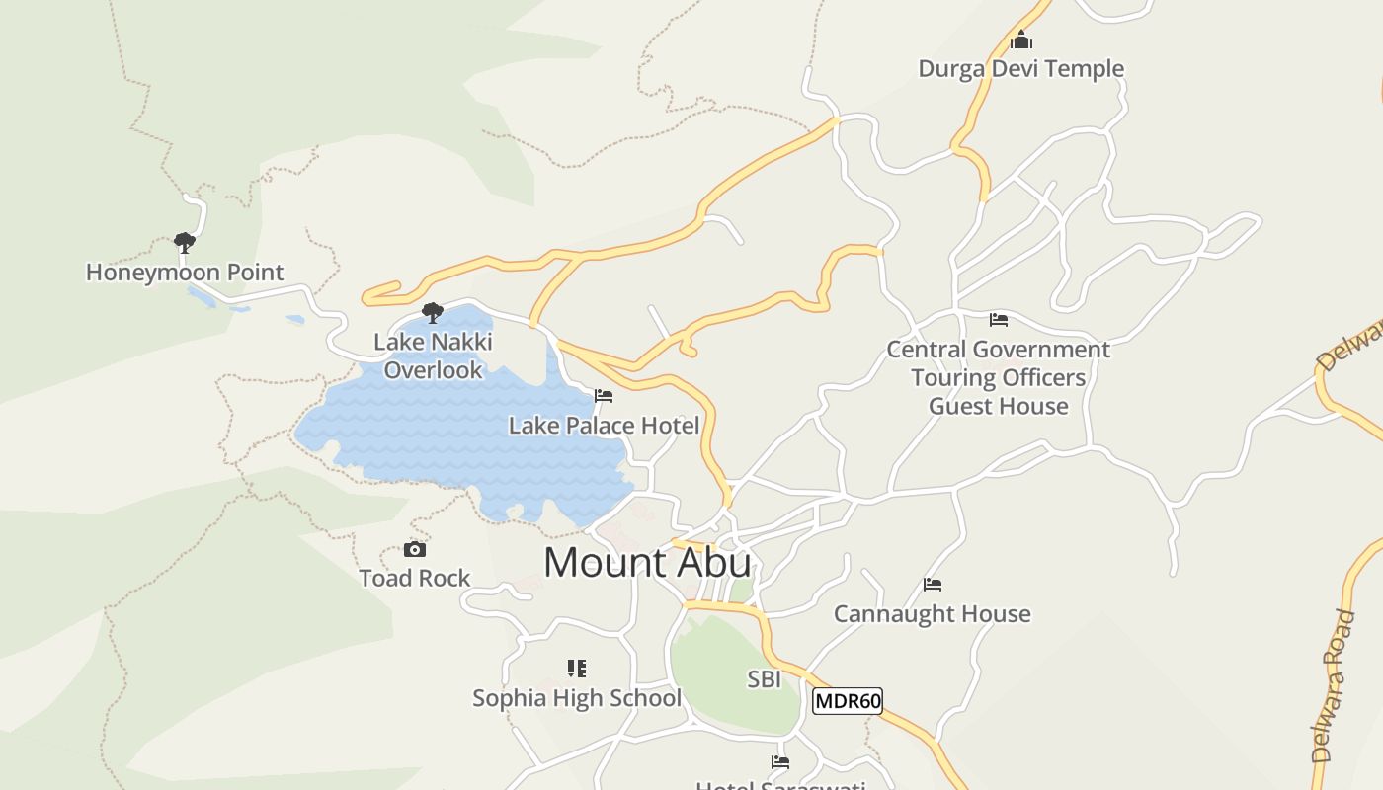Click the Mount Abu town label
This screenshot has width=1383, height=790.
pos(647,562)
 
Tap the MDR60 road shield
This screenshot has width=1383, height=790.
pos(847,701)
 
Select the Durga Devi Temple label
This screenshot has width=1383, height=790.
pos(1020,68)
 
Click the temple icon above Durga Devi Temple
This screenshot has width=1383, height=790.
pos(1021,40)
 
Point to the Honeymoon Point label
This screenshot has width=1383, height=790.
pos(185,272)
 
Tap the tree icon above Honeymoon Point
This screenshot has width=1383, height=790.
pos(184,242)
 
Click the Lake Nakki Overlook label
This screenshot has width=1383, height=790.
pos(433,355)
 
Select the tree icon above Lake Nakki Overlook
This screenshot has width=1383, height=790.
pos(432,313)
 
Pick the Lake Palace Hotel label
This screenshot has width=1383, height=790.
pos(604,426)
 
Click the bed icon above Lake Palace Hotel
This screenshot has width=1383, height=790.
pos(604,396)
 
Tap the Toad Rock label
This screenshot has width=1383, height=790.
pos(415,578)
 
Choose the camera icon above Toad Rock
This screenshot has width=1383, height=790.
pos(415,549)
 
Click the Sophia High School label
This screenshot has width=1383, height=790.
pos(577,698)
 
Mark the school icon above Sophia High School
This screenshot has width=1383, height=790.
pos(577,669)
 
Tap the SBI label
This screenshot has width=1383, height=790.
pos(764,678)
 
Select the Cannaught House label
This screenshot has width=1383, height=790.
pos(932,613)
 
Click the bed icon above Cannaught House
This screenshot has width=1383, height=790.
pos(932,585)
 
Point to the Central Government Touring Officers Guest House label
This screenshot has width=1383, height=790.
pos(998,377)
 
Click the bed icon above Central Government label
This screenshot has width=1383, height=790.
pos(999,320)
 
